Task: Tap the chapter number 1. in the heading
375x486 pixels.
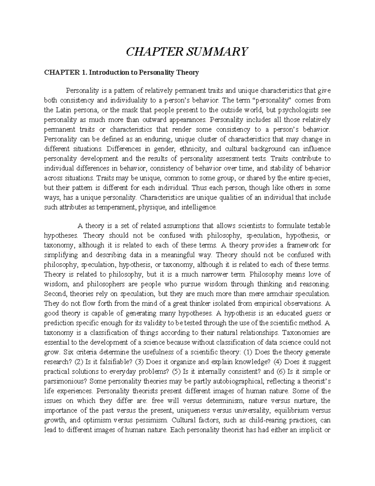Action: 83,73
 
